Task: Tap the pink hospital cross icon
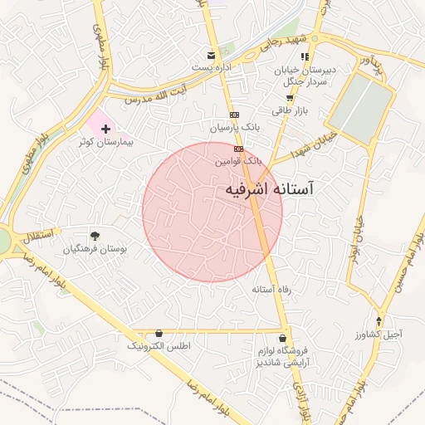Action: (x=105, y=129)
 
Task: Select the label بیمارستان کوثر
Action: (x=105, y=143)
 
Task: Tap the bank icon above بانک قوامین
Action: (x=239, y=149)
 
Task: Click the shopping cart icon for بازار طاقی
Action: (x=289, y=97)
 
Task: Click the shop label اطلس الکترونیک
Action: (x=159, y=344)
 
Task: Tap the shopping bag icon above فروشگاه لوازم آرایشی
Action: (x=284, y=338)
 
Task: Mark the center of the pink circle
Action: (x=212, y=212)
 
